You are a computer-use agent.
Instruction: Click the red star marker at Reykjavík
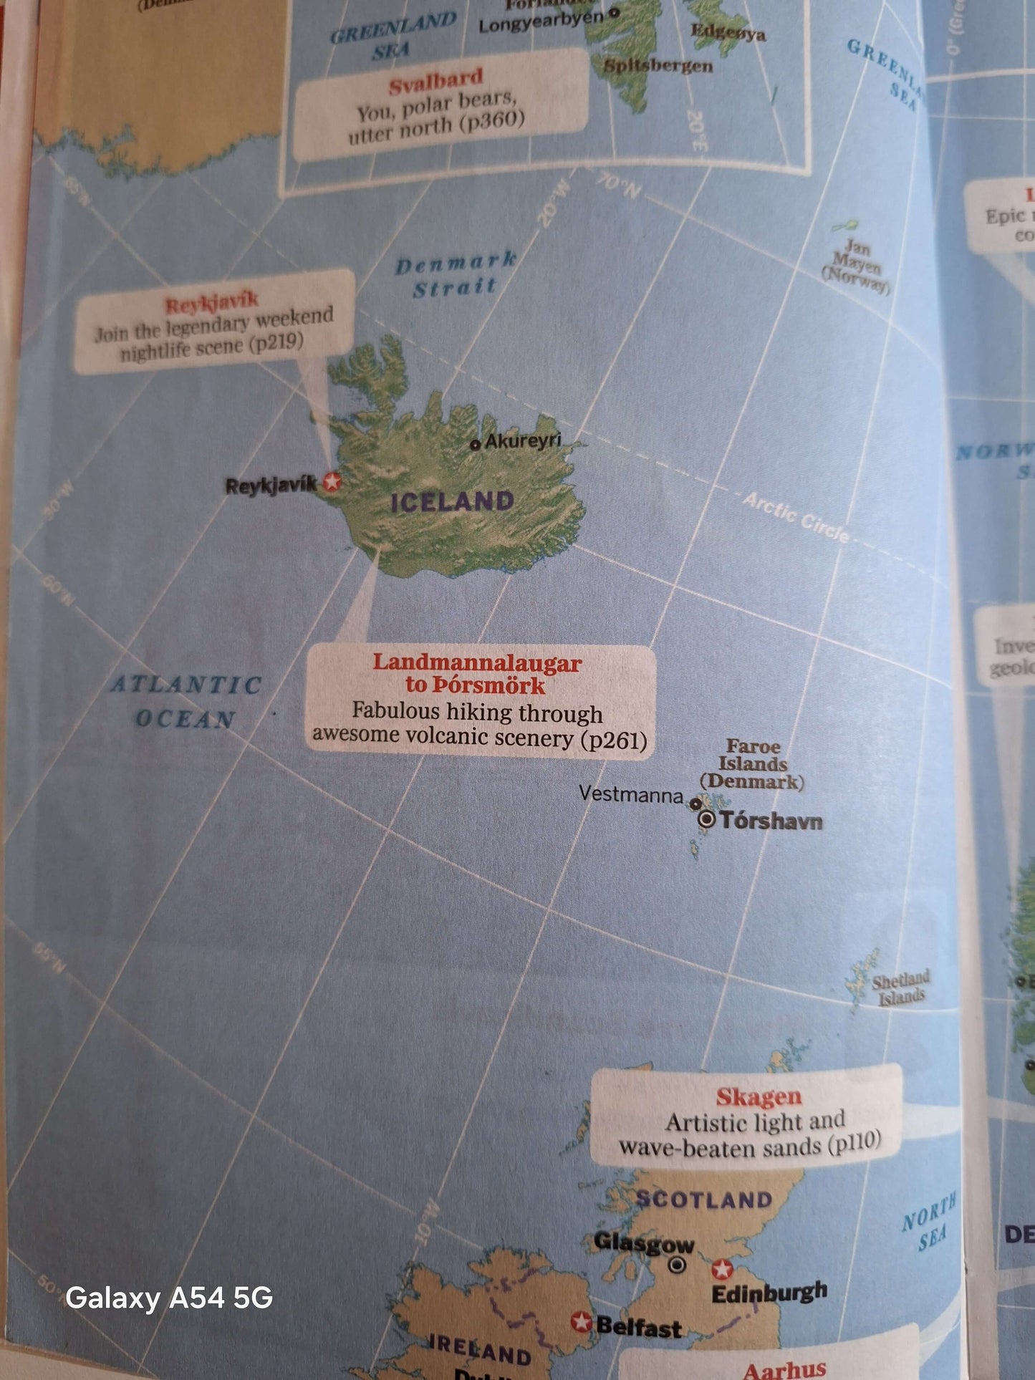click(x=331, y=481)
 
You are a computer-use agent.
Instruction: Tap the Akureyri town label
click(x=523, y=440)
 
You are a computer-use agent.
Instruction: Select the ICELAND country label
click(x=452, y=501)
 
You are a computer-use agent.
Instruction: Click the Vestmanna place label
click(x=631, y=793)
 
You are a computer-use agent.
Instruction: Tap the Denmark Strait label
click(x=456, y=274)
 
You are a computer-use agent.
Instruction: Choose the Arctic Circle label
click(x=796, y=516)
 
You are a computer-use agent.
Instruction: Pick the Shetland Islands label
click(x=901, y=988)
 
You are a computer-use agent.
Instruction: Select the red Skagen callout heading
click(x=759, y=1096)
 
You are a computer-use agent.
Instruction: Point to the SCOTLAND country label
click(x=703, y=1200)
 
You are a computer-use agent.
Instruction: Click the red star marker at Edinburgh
click(x=722, y=1269)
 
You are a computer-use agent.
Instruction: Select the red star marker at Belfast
click(x=581, y=1321)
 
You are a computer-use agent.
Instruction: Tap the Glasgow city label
click(x=644, y=1244)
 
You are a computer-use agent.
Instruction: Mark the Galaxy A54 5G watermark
click(x=169, y=1297)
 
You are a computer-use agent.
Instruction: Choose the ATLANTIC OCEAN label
click(x=186, y=701)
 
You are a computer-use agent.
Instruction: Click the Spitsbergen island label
click(x=658, y=67)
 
